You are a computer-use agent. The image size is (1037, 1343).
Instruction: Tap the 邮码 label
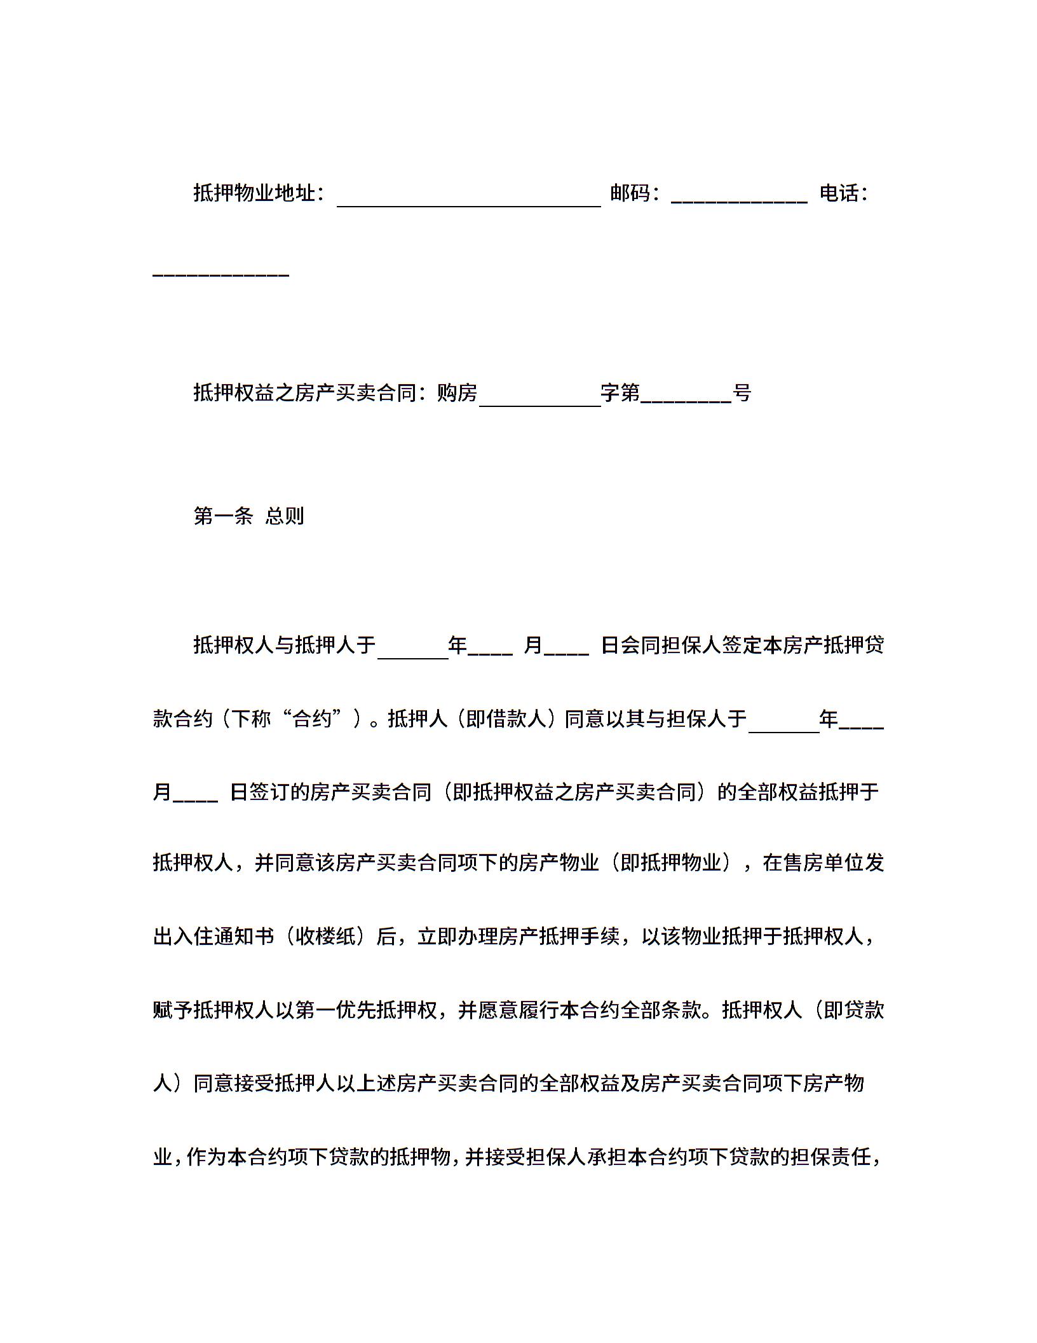pos(630,193)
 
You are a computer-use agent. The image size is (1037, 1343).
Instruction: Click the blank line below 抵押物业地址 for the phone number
pos(221,273)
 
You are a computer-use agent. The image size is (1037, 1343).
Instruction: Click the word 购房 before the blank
pos(457,394)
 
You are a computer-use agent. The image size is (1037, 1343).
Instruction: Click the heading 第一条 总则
pos(248,516)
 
